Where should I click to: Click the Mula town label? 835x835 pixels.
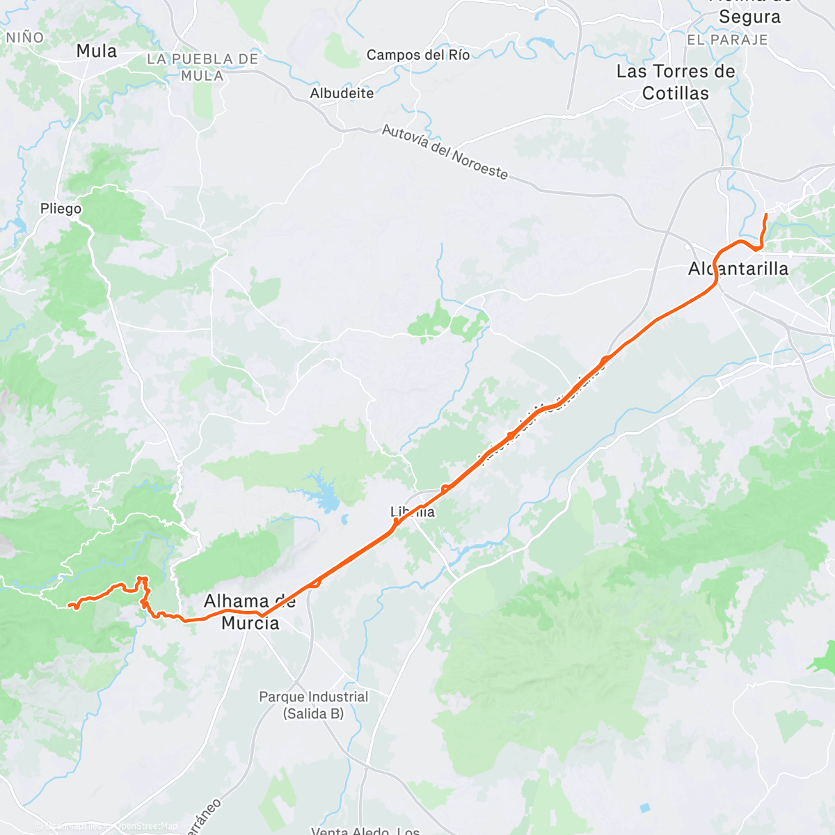pyautogui.click(x=97, y=51)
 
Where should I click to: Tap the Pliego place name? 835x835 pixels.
pyautogui.click(x=61, y=209)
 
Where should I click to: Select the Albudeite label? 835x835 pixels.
pyautogui.click(x=342, y=93)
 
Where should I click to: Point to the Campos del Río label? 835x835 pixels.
pyautogui.click(x=418, y=55)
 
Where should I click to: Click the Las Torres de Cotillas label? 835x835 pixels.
pyautogui.click(x=676, y=82)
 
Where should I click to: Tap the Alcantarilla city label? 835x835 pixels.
pyautogui.click(x=738, y=269)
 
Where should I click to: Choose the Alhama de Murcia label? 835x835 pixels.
pyautogui.click(x=250, y=612)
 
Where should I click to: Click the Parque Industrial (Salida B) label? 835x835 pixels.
pyautogui.click(x=314, y=704)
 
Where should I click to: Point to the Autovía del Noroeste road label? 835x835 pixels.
pyautogui.click(x=445, y=152)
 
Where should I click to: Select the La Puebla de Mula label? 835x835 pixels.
pyautogui.click(x=202, y=67)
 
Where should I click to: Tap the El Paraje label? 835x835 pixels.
pyautogui.click(x=727, y=40)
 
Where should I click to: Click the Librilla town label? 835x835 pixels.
pyautogui.click(x=413, y=512)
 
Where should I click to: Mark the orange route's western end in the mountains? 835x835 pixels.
pyautogui.click(x=72, y=608)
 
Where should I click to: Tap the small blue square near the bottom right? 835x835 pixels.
pyautogui.click(x=644, y=808)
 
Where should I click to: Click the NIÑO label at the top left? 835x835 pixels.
pyautogui.click(x=24, y=38)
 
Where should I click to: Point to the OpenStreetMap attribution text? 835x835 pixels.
pyautogui.click(x=148, y=826)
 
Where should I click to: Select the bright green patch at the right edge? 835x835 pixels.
pyautogui.click(x=825, y=658)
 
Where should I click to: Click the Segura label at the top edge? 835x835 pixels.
pyautogui.click(x=750, y=17)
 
